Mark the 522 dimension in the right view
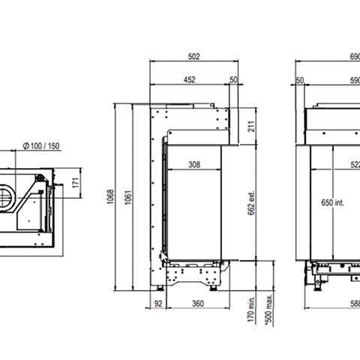(x=350, y=164)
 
